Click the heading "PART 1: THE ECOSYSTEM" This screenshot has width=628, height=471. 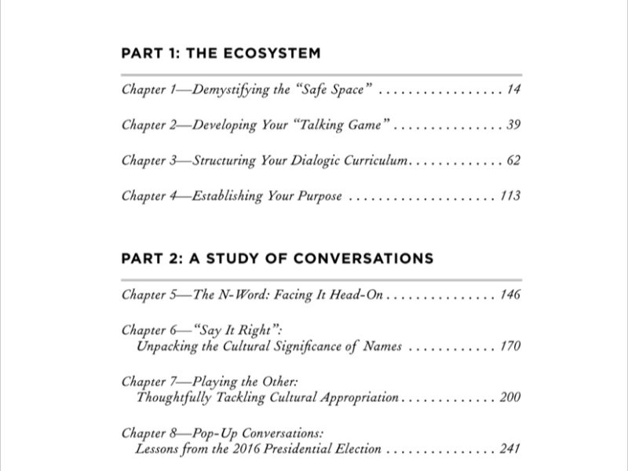point(221,54)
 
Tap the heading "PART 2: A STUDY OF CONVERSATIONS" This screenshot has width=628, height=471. point(277,258)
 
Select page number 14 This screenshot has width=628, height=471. point(513,89)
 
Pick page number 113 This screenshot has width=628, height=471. point(510,195)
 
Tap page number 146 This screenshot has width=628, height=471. point(510,296)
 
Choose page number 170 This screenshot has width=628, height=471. point(510,345)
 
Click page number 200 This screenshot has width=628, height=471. point(510,397)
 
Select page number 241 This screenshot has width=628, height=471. point(510,450)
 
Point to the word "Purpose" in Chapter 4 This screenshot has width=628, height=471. point(318,196)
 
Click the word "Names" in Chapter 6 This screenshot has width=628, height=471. point(382,345)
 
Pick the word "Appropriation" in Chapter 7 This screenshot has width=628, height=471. point(357,397)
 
